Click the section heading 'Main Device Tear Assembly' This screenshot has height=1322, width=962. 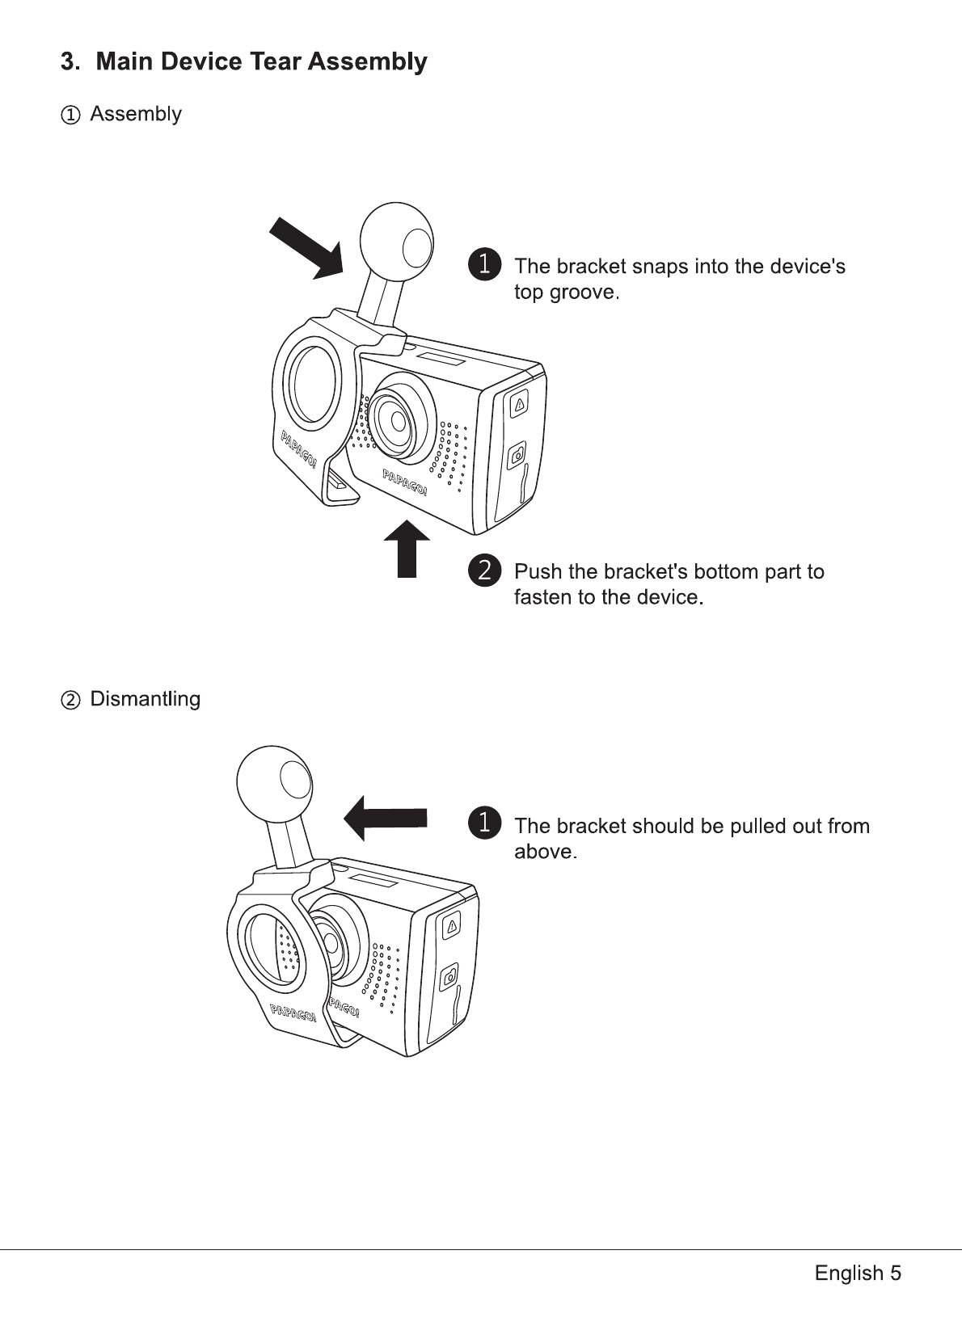(261, 62)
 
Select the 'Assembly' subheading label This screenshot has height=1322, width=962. (135, 114)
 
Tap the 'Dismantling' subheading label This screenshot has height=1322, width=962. (145, 699)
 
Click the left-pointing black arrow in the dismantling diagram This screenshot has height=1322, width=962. (386, 818)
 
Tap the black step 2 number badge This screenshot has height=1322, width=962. (484, 570)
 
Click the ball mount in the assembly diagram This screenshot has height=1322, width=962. (396, 238)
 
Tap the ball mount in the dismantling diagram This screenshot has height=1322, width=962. (274, 781)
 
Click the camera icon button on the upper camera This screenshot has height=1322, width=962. (517, 457)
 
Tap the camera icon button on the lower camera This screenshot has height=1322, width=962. (449, 978)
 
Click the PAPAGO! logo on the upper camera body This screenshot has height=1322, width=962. (405, 482)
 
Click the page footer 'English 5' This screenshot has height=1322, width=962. (858, 1274)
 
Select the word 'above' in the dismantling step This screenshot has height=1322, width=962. (544, 853)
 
